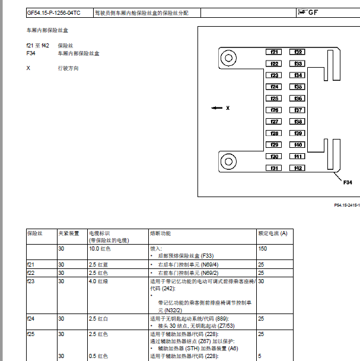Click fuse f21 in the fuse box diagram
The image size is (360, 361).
(274, 52)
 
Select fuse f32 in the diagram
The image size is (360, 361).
(298, 52)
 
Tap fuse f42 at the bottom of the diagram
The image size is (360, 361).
(298, 168)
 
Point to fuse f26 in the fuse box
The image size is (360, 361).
(274, 110)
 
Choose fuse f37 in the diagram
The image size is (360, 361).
(298, 110)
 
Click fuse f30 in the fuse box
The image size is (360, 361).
(274, 156)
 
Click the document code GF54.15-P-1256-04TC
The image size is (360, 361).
(54, 12)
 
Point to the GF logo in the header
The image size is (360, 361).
(312, 12)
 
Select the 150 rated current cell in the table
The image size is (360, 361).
(263, 249)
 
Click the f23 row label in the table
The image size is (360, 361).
(31, 281)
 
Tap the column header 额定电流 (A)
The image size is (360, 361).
(273, 233)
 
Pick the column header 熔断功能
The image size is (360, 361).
(161, 233)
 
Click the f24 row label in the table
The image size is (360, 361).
(31, 319)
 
